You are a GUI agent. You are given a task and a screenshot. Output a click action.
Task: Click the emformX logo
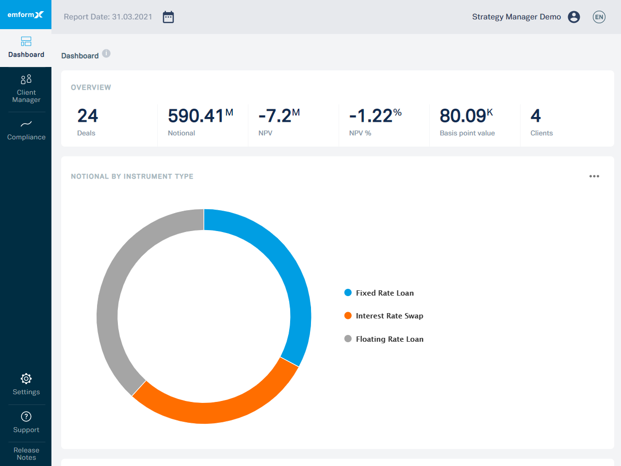point(25,15)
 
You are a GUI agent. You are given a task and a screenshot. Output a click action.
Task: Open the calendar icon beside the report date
point(168,17)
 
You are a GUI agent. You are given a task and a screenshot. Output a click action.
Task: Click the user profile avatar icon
point(574,17)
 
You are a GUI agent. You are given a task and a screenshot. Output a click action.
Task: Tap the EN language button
point(599,17)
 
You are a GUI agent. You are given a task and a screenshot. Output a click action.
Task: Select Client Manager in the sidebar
point(26,89)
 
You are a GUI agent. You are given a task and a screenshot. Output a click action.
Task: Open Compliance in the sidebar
point(26,130)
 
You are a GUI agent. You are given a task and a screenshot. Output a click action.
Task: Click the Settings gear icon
point(26,379)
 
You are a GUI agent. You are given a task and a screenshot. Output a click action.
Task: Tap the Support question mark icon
point(26,416)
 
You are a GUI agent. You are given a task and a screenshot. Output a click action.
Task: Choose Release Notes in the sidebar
point(26,453)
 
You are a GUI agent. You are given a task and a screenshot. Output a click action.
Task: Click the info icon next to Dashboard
point(106,53)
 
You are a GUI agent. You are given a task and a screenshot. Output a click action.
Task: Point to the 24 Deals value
point(87,116)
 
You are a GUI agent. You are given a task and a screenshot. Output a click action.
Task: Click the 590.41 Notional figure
point(196,116)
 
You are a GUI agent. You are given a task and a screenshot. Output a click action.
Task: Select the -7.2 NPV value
point(275,116)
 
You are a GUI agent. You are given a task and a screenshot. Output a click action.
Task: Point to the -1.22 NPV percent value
point(371,116)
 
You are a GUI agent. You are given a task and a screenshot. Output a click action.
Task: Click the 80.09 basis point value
point(463,116)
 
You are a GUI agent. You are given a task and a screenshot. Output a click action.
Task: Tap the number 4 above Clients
point(536,116)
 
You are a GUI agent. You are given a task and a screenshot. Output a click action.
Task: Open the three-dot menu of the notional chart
point(594,176)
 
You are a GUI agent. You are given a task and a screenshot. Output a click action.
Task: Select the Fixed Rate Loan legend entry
point(384,293)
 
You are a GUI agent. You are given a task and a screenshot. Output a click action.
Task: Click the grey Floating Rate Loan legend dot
point(348,339)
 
